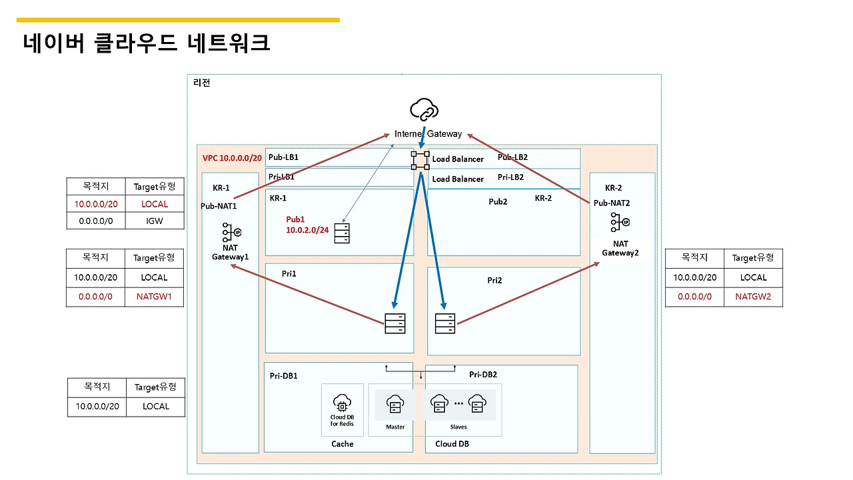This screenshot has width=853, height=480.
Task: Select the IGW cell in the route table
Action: coord(155,220)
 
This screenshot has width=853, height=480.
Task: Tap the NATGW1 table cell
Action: coord(155,297)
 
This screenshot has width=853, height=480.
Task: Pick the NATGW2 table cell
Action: coord(753,297)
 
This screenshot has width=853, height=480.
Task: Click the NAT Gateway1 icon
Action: coord(231,232)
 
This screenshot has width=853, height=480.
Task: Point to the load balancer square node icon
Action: coord(421,159)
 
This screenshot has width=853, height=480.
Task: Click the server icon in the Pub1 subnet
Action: coord(342,233)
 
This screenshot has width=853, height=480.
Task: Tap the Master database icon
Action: coord(395,405)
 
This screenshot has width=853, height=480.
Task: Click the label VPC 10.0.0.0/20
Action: coord(232,159)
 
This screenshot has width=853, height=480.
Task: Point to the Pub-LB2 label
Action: coord(512,157)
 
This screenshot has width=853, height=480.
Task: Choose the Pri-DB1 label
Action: coord(285,375)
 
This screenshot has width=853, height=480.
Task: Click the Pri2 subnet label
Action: coord(494,280)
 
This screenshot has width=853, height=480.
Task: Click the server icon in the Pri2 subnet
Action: coord(445,323)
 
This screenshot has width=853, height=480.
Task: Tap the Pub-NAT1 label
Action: coord(219,206)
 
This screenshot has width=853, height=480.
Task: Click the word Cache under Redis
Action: coord(343,444)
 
